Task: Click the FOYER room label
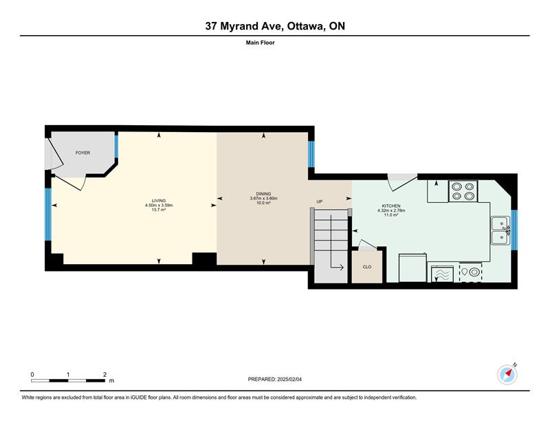click(x=82, y=153)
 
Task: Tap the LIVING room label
click(x=159, y=201)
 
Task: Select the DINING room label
click(x=263, y=194)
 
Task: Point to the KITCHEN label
click(x=391, y=206)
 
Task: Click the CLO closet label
click(x=367, y=267)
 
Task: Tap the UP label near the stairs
click(x=319, y=201)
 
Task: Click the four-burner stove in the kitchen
click(x=463, y=191)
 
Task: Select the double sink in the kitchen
click(x=500, y=230)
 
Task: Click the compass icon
click(x=507, y=375)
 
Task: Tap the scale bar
click(x=68, y=380)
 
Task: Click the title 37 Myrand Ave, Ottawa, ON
click(x=275, y=26)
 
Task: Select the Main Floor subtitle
click(x=261, y=43)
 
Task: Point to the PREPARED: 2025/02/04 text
click(x=274, y=380)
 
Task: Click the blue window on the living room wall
click(x=48, y=215)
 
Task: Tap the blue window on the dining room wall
click(x=311, y=154)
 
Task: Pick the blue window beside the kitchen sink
click(x=514, y=230)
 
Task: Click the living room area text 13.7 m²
click(x=159, y=210)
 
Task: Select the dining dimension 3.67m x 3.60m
click(x=263, y=198)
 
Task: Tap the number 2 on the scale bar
click(x=105, y=375)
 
